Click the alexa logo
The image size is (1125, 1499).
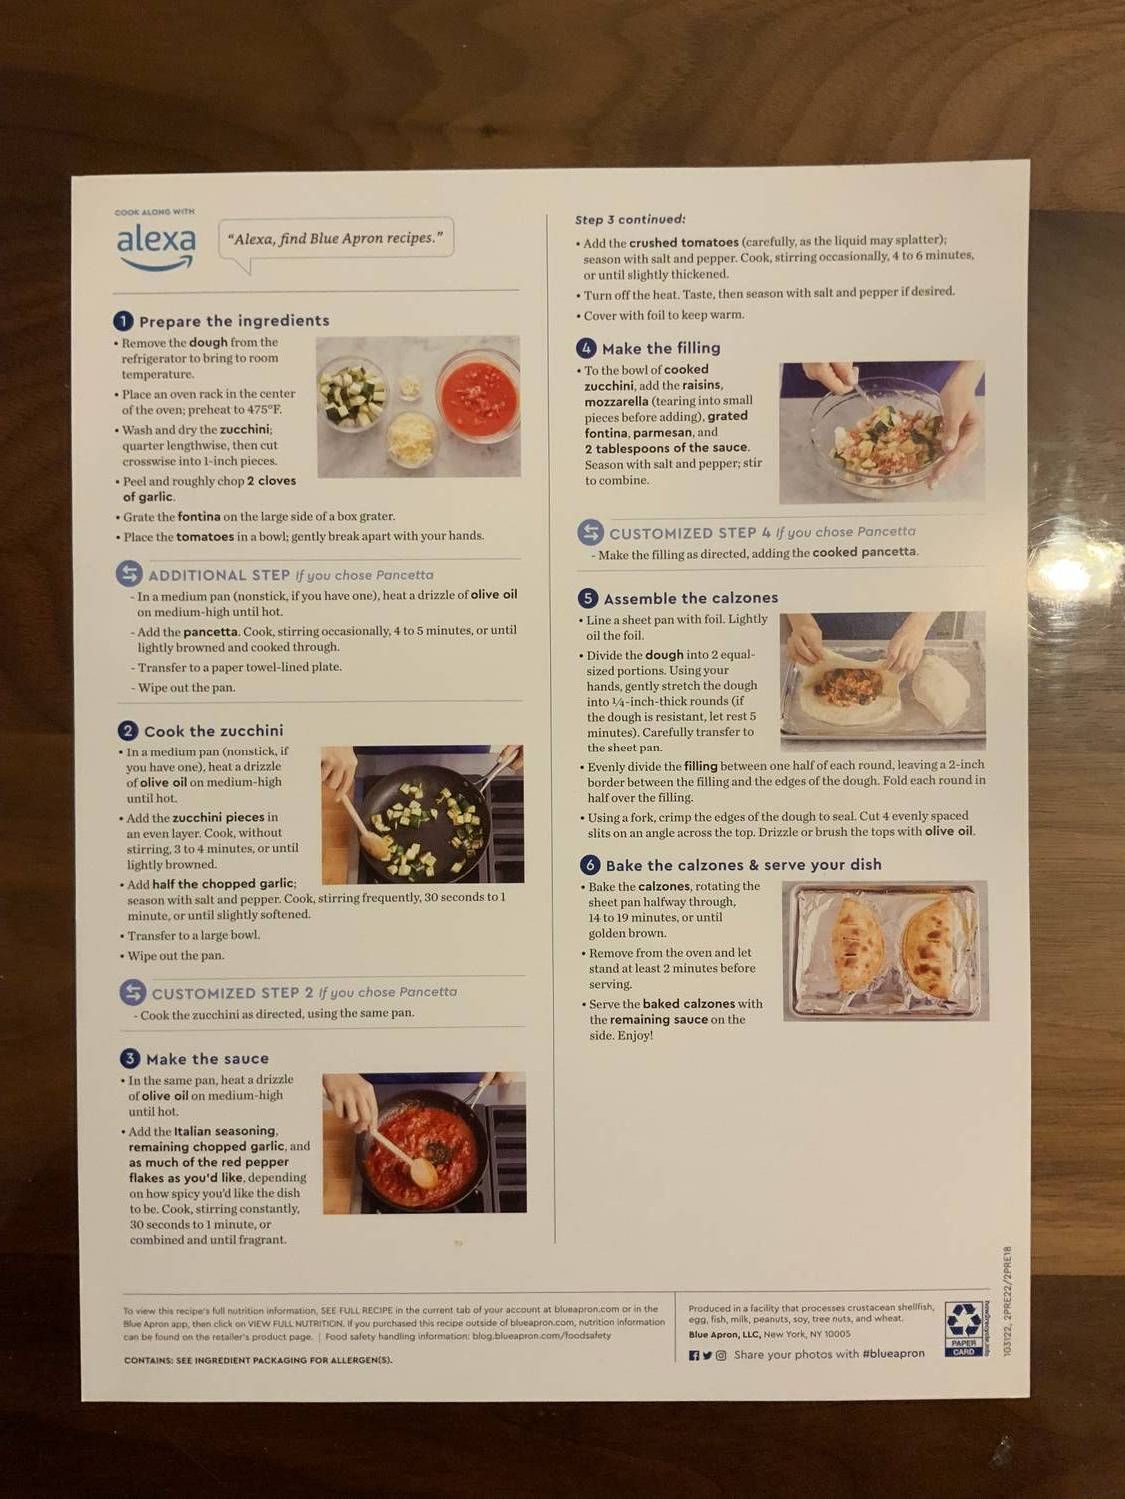[x=156, y=244]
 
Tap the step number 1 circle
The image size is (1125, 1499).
[x=123, y=321]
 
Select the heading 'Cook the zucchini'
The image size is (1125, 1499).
[x=213, y=731]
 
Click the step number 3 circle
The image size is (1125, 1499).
[x=130, y=1059]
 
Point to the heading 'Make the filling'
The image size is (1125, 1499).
[x=660, y=348]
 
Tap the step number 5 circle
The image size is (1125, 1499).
[x=588, y=598]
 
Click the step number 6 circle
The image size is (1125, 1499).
[x=590, y=865]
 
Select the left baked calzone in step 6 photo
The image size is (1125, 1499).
[x=858, y=943]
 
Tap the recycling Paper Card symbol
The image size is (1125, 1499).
[x=964, y=1328]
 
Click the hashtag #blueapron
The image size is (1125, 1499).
[x=893, y=1354]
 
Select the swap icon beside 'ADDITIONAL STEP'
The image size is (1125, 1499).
[x=129, y=574]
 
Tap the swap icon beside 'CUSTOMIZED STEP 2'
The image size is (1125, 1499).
[x=133, y=992]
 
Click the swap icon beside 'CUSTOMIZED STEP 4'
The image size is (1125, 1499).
[x=591, y=532]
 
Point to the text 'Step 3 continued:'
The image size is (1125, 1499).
[x=630, y=219]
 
